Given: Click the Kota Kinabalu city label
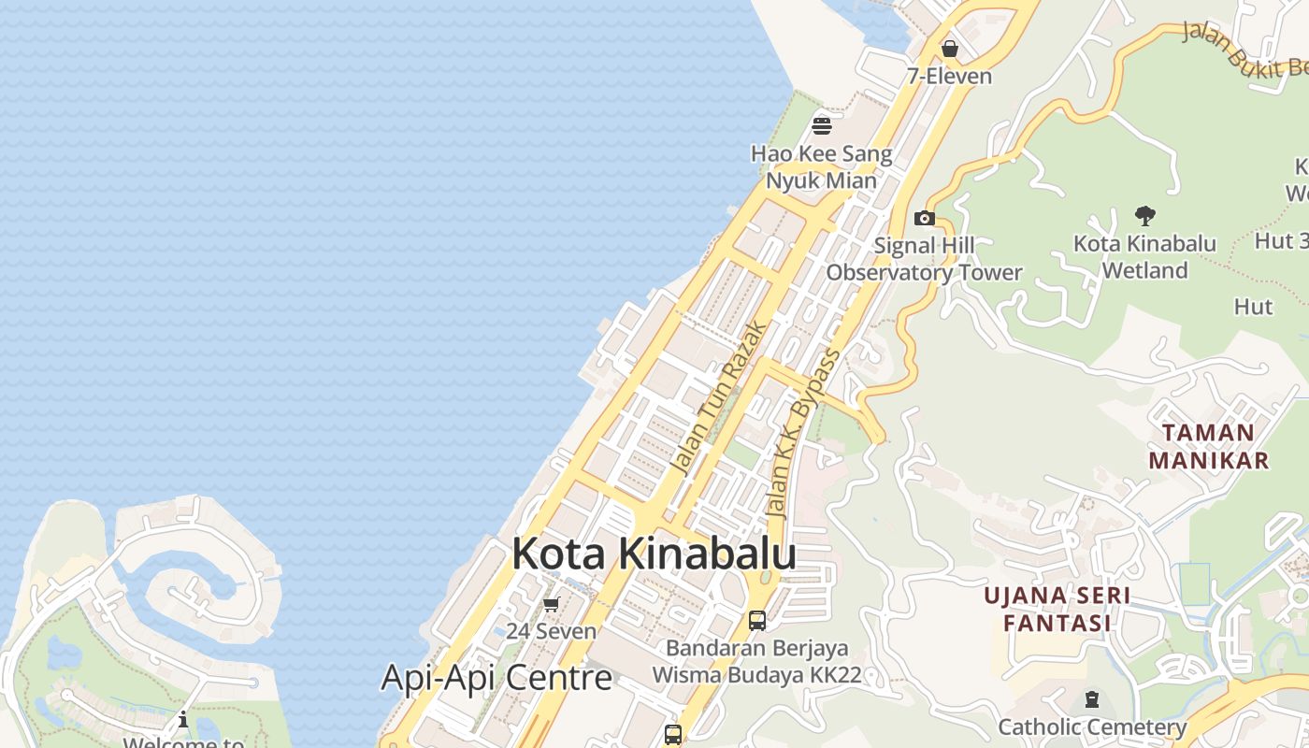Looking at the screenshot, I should (x=654, y=554).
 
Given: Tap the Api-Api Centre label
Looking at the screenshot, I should (x=496, y=678).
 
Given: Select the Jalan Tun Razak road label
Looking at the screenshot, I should (x=719, y=398).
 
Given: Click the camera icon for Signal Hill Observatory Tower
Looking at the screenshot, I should (x=925, y=218).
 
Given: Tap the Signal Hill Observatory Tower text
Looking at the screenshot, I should (x=924, y=259).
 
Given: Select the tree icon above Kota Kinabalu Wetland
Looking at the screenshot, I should (x=1144, y=216).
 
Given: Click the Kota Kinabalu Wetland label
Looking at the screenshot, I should (x=1144, y=257).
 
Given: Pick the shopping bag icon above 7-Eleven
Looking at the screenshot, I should (x=950, y=48).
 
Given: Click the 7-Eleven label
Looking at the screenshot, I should (x=950, y=76).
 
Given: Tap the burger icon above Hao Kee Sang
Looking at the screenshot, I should (x=822, y=125).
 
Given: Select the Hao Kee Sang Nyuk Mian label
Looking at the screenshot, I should (x=822, y=167).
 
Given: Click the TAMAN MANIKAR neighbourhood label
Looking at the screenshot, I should (x=1209, y=446).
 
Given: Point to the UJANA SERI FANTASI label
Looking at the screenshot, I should (x=1057, y=609).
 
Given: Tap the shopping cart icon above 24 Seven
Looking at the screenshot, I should (x=551, y=605).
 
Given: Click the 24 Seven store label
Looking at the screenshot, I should (x=551, y=631).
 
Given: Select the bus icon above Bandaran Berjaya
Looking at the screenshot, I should (x=757, y=620).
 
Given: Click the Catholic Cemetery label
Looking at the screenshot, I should (x=1092, y=726).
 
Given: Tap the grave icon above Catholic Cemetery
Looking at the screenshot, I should (x=1091, y=698).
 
